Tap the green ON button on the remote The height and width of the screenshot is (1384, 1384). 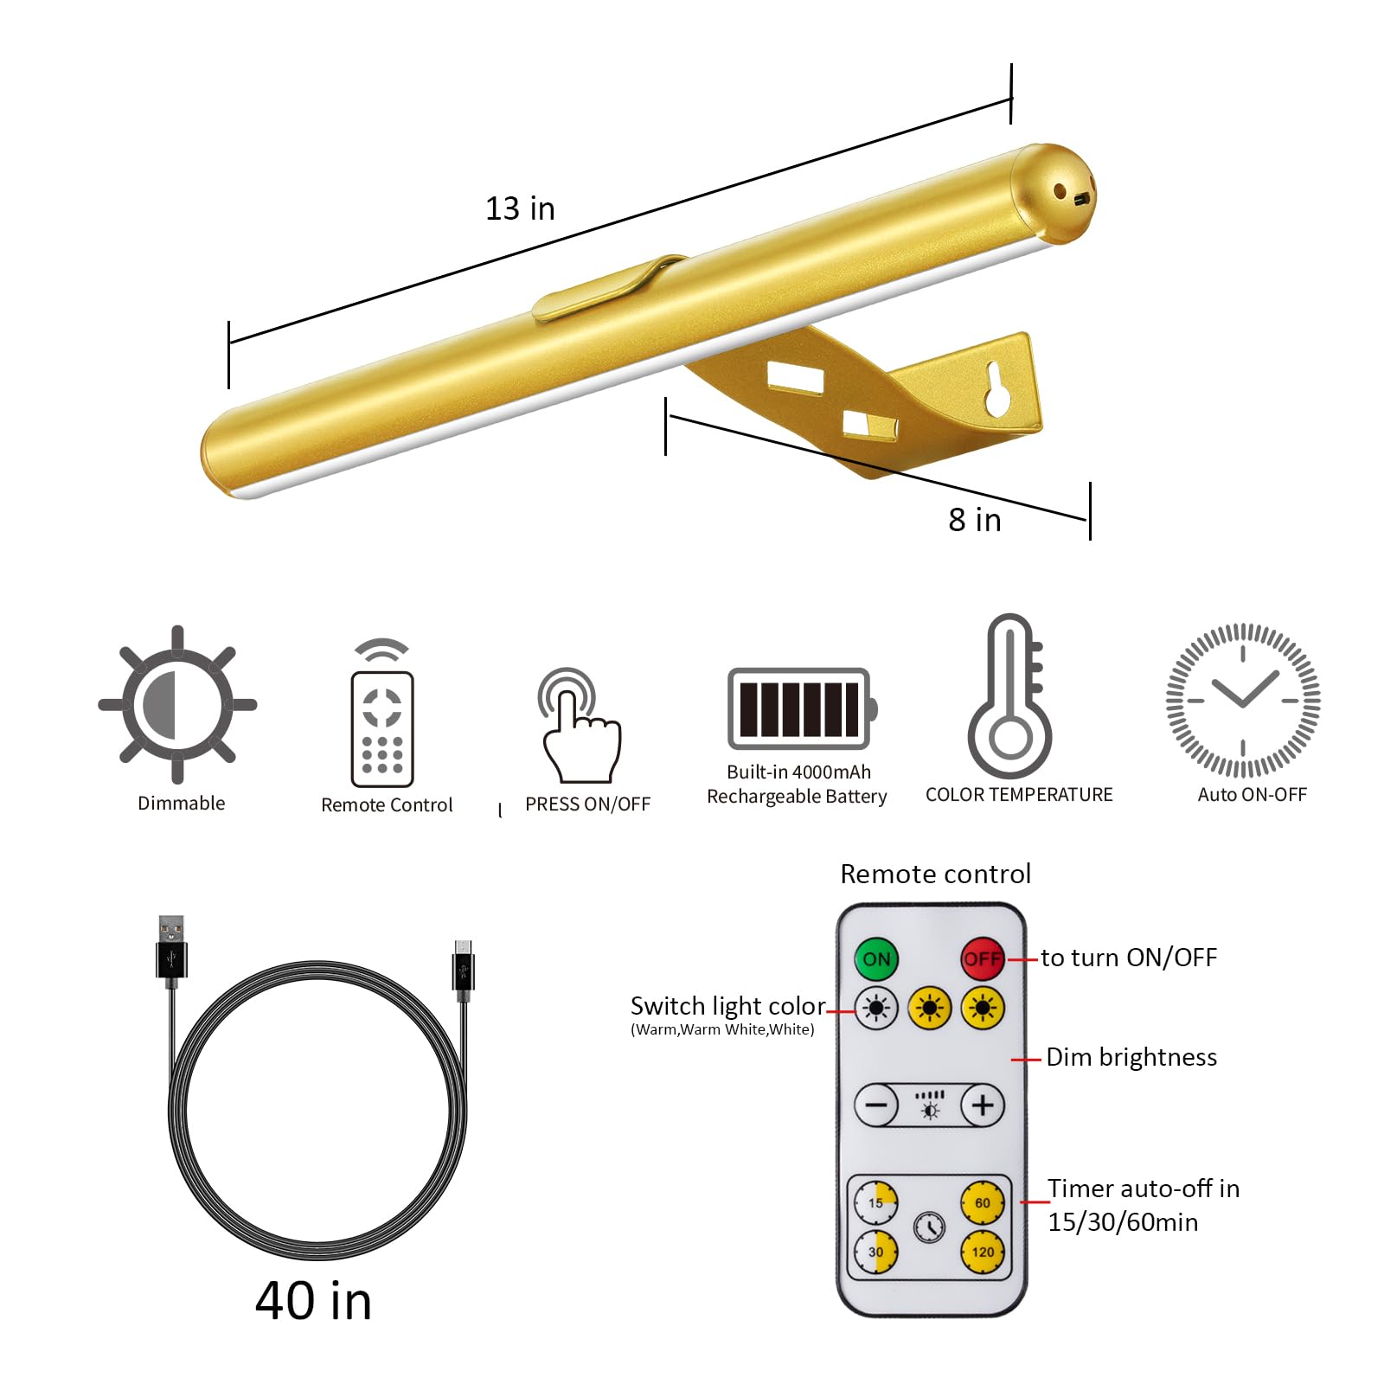coord(876,958)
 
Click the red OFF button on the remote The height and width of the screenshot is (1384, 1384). coord(983,958)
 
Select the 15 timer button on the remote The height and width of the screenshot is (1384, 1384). coord(876,1202)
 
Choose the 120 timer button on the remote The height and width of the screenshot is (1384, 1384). coord(983,1252)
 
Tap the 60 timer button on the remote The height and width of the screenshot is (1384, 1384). coord(983,1202)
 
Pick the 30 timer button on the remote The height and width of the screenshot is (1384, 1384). coord(876,1252)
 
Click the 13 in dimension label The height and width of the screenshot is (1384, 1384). coord(520,208)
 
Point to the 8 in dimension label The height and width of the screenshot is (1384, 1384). coord(975,520)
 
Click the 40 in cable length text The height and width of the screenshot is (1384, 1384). coord(314,1300)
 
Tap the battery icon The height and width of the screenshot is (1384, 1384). coord(802,708)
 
